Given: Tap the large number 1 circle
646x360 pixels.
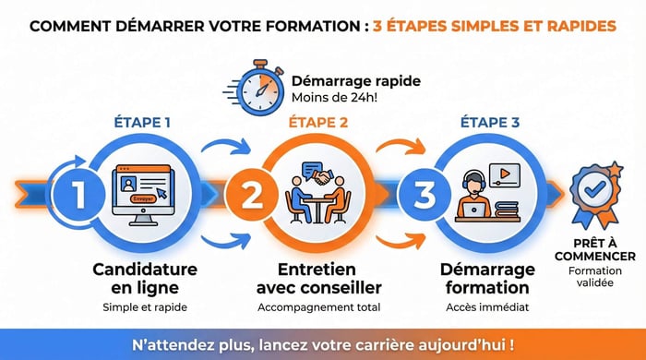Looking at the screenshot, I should pos(80,196).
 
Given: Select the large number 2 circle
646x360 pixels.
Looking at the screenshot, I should pos(252,196).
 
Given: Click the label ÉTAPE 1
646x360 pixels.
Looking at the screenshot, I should pos(141,121).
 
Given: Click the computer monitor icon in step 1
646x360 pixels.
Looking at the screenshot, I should pos(143,190).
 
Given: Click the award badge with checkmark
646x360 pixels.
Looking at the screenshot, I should pos(592,192).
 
